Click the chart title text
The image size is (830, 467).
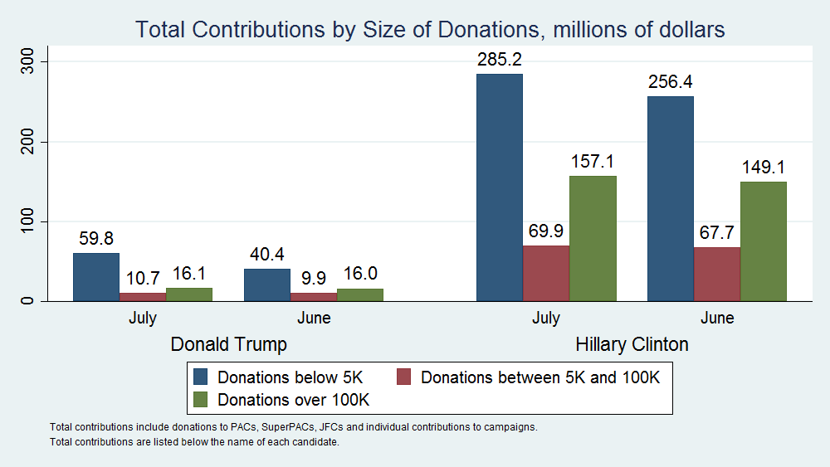[430, 30]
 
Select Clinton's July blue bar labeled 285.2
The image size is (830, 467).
[500, 187]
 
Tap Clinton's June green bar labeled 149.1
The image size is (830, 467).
[763, 241]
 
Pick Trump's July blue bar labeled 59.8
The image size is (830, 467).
[96, 276]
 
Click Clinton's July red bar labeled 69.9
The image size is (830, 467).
[546, 273]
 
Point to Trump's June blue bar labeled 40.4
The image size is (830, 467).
[267, 285]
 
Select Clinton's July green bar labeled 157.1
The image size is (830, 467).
[593, 238]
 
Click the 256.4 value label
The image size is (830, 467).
[671, 82]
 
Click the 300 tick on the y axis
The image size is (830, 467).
[28, 61]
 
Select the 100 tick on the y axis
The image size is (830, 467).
[28, 221]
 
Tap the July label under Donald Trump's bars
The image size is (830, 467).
[143, 318]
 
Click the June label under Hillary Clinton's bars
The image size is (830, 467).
[717, 318]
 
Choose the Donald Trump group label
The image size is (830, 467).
[228, 344]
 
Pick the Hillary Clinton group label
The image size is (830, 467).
[632, 344]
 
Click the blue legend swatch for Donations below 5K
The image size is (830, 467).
[201, 377]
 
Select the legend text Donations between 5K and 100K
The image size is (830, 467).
[540, 377]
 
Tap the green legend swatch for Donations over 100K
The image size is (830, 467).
[201, 399]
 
